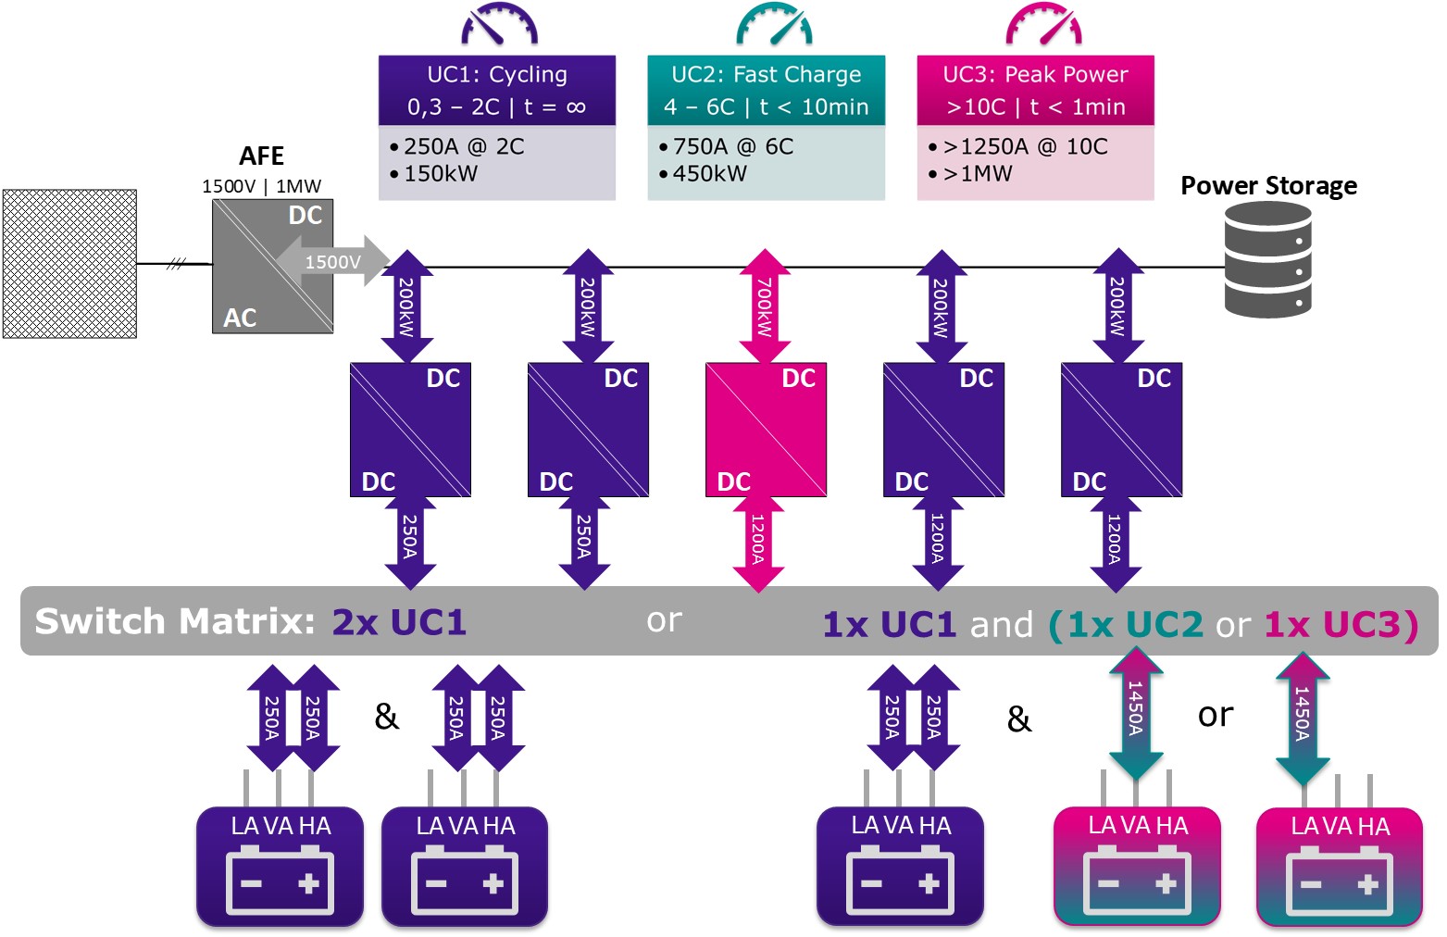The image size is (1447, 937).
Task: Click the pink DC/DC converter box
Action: [766, 430]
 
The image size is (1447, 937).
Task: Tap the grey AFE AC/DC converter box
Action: [272, 266]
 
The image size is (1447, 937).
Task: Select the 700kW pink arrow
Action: [765, 306]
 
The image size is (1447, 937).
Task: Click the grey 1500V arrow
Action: [333, 261]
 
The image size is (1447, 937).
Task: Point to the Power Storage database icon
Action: [1267, 260]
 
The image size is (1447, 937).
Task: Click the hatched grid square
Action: [69, 264]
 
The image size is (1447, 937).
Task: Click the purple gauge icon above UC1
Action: [499, 26]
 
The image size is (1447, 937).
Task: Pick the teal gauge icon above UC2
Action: [774, 26]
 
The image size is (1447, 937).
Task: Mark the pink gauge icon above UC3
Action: [1043, 26]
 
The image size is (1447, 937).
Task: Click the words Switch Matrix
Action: [175, 621]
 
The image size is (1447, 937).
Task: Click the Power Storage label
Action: [1268, 185]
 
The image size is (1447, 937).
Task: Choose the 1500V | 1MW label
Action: [261, 186]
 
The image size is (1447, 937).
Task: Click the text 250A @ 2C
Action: [464, 146]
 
